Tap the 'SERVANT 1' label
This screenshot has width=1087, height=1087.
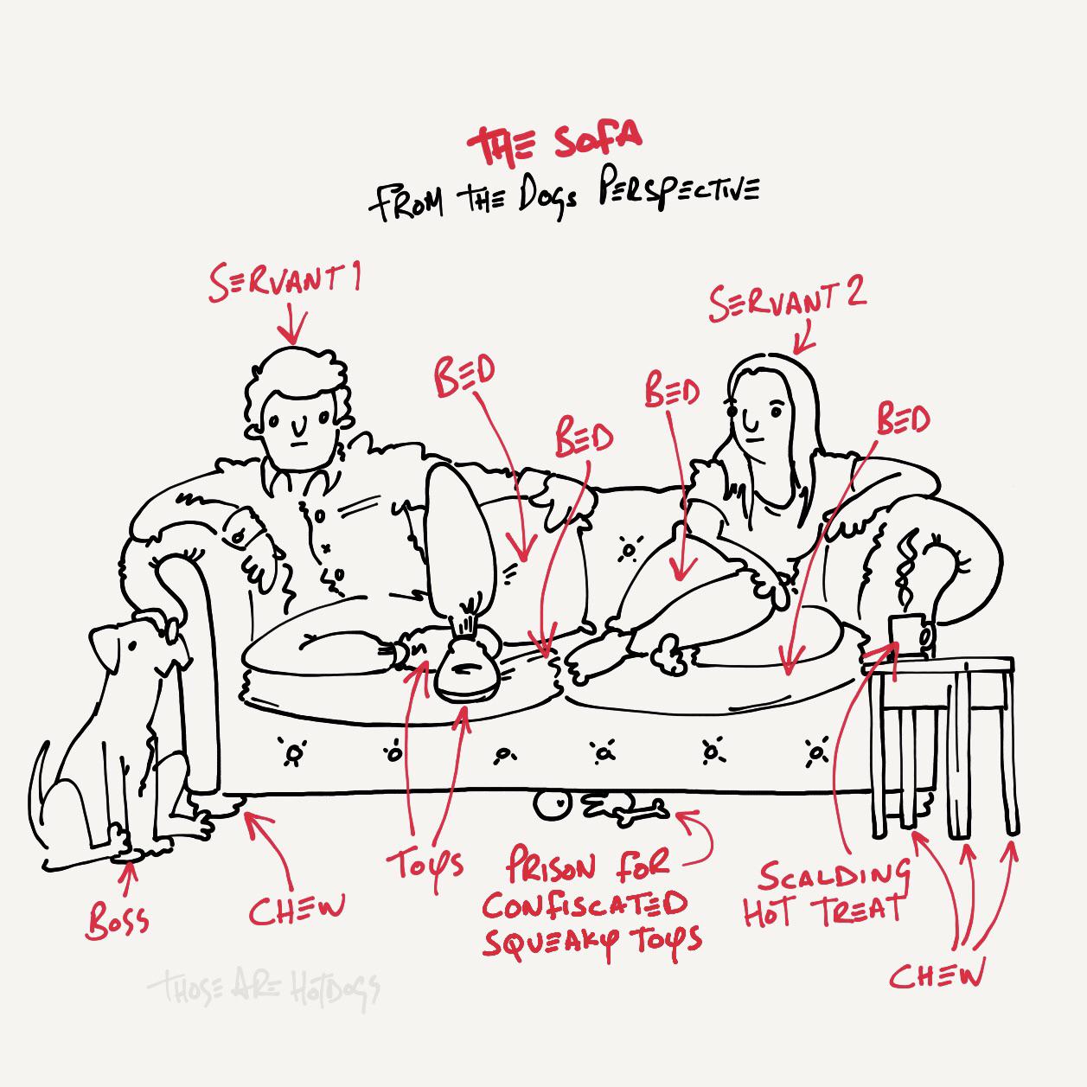(286, 282)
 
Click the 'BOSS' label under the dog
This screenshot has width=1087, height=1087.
(118, 921)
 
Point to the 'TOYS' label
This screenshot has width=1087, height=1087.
(425, 863)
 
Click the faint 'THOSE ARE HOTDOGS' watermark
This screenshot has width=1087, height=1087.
(263, 987)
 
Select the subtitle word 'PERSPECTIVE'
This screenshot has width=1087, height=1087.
(678, 192)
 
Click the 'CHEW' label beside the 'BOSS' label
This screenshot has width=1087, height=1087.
(297, 908)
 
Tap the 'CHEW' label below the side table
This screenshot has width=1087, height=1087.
(937, 975)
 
